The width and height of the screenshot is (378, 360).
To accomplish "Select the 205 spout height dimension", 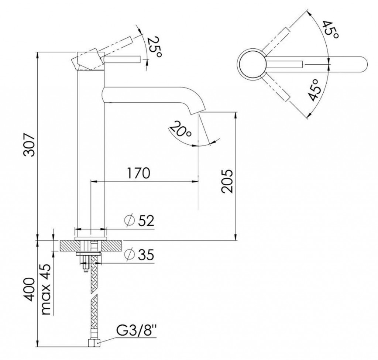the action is coord(227,181).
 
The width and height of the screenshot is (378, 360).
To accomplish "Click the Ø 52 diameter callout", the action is coord(139,221).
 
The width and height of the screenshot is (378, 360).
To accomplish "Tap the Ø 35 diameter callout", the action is coord(139,255).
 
